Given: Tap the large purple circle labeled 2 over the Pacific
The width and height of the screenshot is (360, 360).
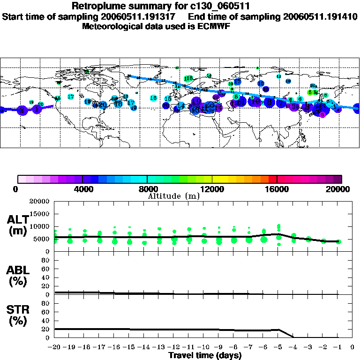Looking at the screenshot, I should pos(22,110).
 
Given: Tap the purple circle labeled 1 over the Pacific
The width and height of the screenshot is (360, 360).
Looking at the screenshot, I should pos(37,109).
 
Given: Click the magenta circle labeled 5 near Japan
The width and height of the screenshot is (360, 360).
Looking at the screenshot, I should pos(322,114).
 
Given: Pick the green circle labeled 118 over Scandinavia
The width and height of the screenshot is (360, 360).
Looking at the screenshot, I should pos(188,78).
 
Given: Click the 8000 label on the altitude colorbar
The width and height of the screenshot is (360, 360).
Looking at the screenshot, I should pos(147,189).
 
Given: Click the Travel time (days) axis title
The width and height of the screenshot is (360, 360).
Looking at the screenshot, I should pos(205,356).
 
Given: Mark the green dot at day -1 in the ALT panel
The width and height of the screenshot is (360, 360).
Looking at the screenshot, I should pos(338,242).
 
